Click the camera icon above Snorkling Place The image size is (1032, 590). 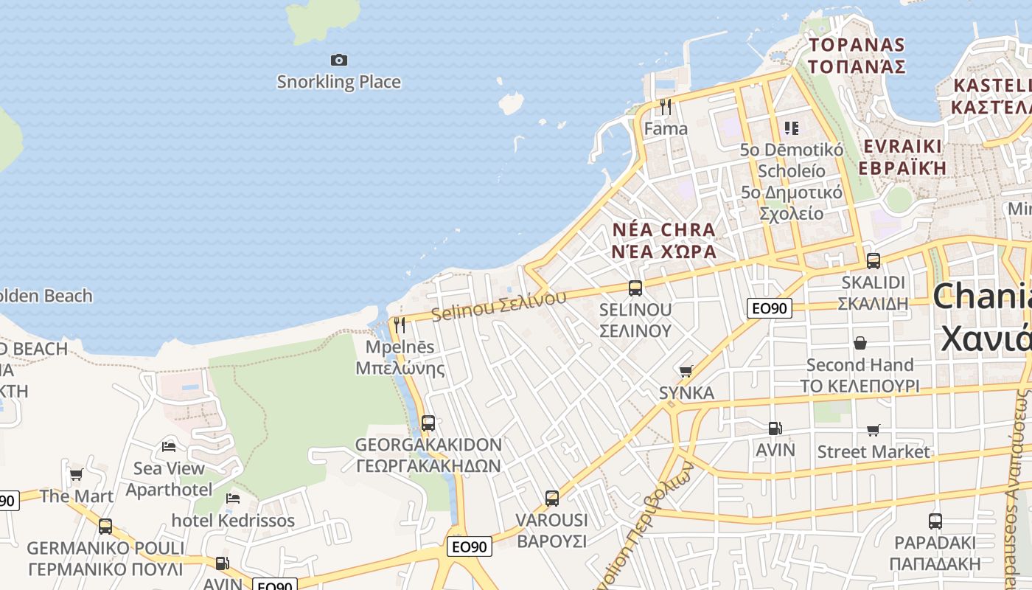click(339, 60)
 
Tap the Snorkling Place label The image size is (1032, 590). click(339, 82)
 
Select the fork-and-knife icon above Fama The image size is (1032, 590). click(666, 107)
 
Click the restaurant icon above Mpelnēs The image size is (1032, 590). click(400, 324)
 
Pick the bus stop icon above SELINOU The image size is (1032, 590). click(635, 288)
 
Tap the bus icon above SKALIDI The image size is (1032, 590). click(874, 260)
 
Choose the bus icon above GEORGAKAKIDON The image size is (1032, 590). click(428, 423)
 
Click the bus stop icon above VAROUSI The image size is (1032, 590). click(552, 499)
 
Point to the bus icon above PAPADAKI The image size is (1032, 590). click(935, 521)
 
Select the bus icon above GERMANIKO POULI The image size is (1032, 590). click(105, 527)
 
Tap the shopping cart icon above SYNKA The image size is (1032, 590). click(686, 371)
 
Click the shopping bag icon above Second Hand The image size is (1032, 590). click(860, 343)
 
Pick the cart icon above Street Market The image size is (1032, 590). click(874, 430)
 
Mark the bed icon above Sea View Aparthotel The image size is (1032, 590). click(169, 446)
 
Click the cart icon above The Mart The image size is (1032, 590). click(76, 474)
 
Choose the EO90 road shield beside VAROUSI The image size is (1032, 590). click(470, 546)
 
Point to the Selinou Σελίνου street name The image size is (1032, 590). click(499, 305)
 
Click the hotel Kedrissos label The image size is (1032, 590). click(233, 521)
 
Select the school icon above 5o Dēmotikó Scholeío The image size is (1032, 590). click(792, 128)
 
